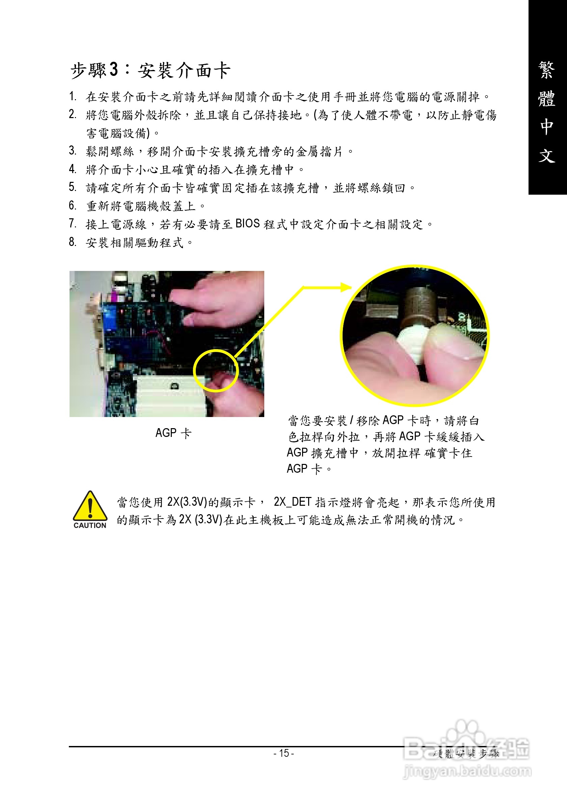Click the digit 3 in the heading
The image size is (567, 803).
[x=114, y=70]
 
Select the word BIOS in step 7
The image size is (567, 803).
[x=247, y=223]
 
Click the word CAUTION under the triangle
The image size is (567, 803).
[x=90, y=525]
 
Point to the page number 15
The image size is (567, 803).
[x=284, y=753]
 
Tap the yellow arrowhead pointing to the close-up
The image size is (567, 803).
[x=346, y=287]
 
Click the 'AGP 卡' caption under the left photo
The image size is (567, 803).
[x=173, y=433]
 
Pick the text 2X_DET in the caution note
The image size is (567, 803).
[x=292, y=502]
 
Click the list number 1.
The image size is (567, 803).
[x=73, y=96]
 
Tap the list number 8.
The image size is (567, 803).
[x=73, y=242]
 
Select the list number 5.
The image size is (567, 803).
[x=73, y=187]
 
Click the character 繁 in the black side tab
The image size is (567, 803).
[x=546, y=70]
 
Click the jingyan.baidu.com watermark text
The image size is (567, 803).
[x=468, y=771]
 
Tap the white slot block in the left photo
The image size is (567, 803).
[x=168, y=395]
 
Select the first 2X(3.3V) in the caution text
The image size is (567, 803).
[x=187, y=502]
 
